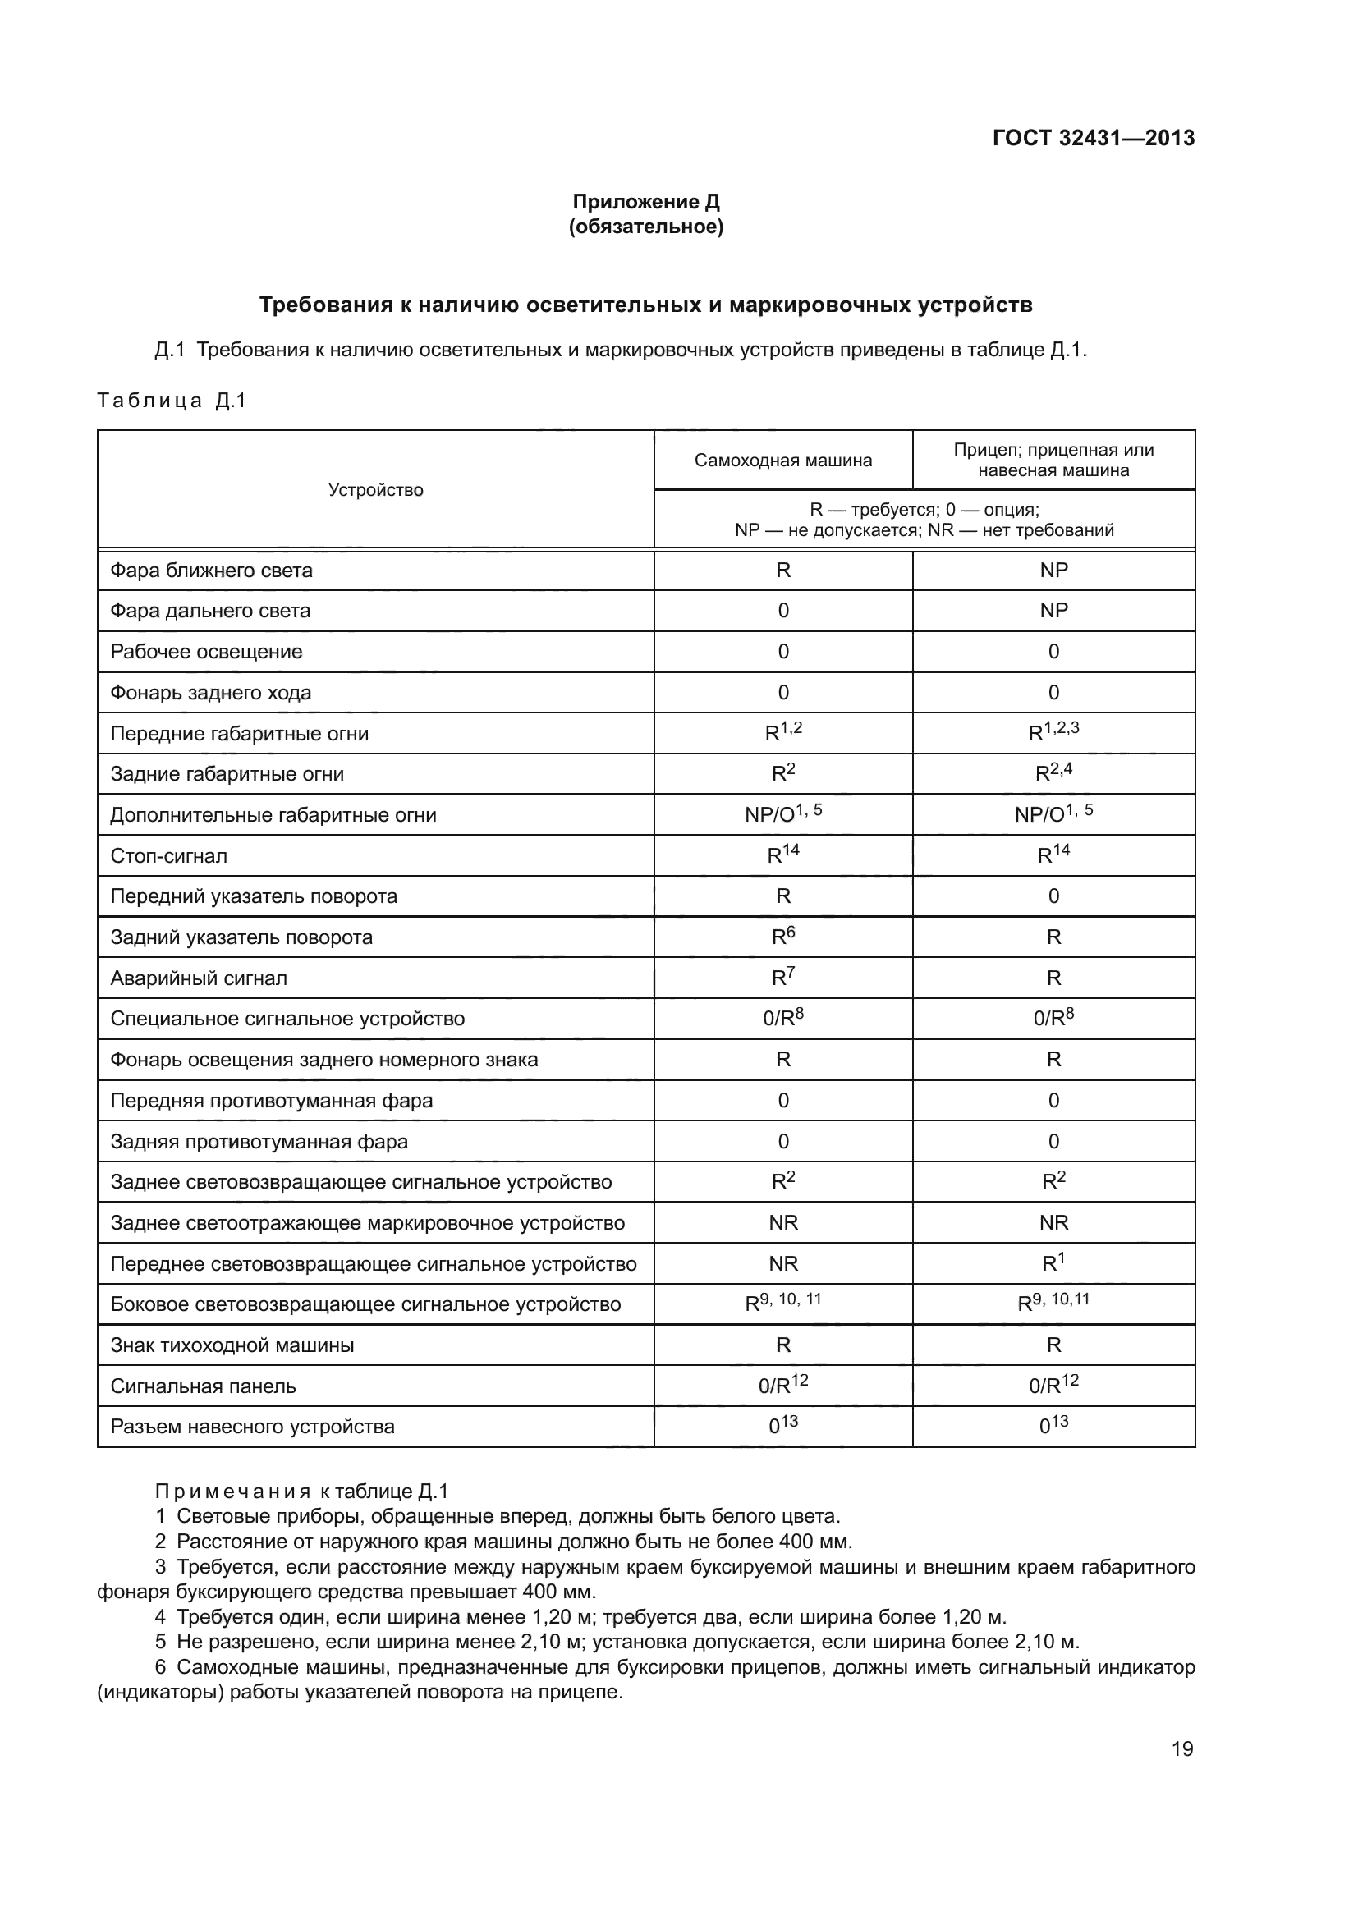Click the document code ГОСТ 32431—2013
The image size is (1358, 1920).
(x=1093, y=138)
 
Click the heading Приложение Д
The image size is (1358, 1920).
(x=645, y=202)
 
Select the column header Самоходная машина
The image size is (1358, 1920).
(x=782, y=460)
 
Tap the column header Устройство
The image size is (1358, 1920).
(x=375, y=490)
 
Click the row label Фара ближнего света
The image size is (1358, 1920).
(x=212, y=571)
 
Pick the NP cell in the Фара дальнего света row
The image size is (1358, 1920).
(x=1053, y=611)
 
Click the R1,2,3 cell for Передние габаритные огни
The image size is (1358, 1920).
(x=1053, y=732)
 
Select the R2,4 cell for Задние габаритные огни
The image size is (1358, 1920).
(x=1053, y=773)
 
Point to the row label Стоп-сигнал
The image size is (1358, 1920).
(x=169, y=855)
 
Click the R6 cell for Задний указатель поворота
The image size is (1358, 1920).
(x=782, y=937)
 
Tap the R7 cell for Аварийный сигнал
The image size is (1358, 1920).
(x=782, y=978)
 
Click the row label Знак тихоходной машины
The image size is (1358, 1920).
(x=232, y=1345)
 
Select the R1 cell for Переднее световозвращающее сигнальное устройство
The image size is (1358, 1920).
(x=1053, y=1263)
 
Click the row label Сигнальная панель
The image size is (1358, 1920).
(x=203, y=1386)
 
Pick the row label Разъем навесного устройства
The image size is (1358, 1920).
(x=253, y=1427)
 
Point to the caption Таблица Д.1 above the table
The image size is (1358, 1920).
(x=172, y=401)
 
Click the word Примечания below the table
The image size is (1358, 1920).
(x=232, y=1492)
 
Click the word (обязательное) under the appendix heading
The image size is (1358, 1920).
(x=645, y=227)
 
